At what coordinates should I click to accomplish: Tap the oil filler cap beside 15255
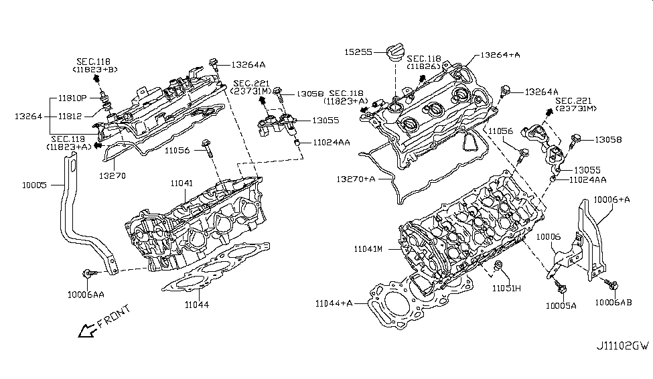point(393,53)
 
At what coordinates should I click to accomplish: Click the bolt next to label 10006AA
point(90,273)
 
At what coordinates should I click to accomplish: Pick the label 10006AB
point(613,302)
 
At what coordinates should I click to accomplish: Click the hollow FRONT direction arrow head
point(84,330)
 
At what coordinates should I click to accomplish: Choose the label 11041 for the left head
point(181,182)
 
